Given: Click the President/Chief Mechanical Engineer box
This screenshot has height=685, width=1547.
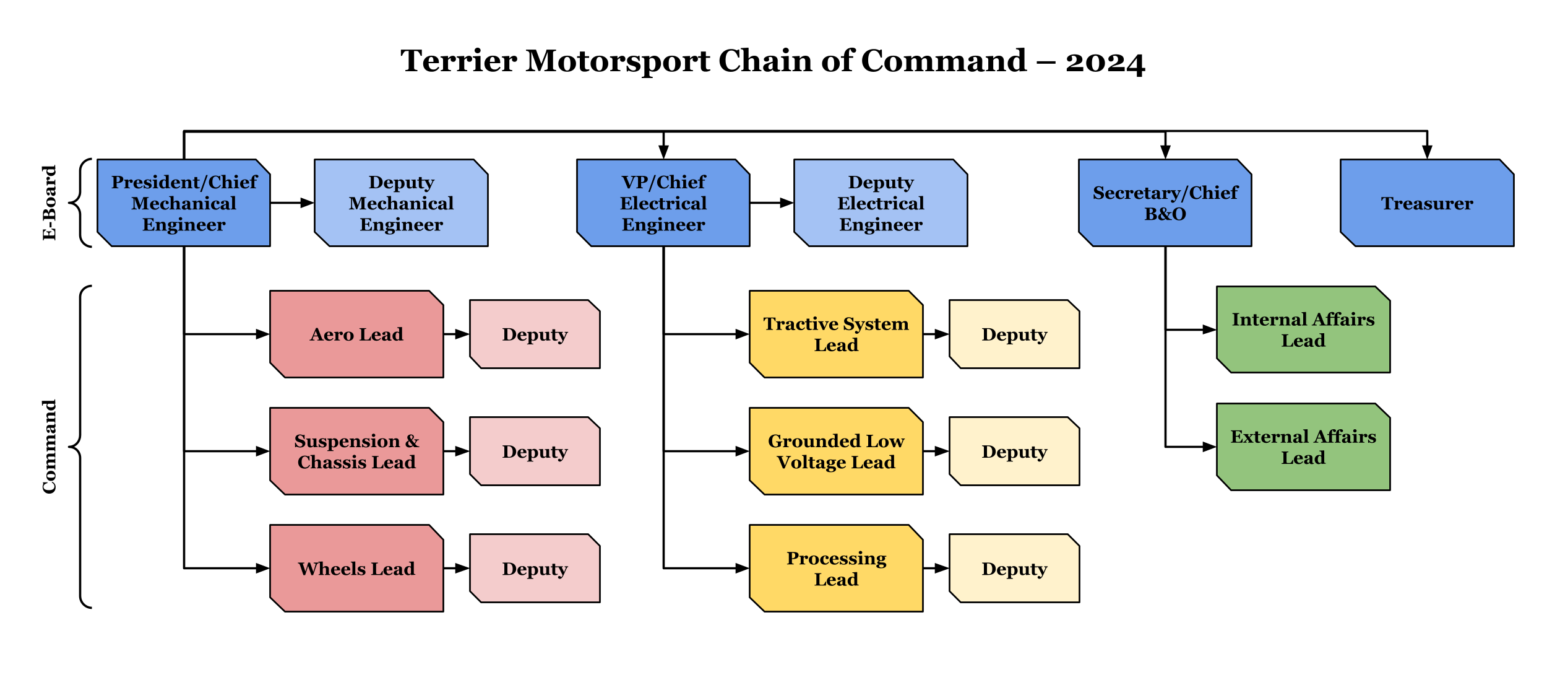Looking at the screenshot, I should [x=184, y=203].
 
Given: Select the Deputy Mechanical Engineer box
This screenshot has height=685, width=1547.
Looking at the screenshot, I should [x=401, y=203].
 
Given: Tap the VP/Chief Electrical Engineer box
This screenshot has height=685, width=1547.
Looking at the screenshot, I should [x=663, y=203].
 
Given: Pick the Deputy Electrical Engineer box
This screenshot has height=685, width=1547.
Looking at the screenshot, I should [x=881, y=203].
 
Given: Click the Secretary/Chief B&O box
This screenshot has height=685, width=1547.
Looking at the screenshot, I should [x=1165, y=203].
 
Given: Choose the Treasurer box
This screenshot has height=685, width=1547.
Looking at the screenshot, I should [x=1427, y=203].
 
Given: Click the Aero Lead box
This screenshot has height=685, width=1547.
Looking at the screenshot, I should [x=356, y=334].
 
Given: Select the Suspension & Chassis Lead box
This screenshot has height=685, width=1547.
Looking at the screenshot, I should [x=356, y=452].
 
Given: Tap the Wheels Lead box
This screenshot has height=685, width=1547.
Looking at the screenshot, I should [x=356, y=569].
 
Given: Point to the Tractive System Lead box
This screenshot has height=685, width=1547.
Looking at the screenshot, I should [x=836, y=334].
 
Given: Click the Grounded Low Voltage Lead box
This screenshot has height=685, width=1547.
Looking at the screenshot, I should [x=836, y=452].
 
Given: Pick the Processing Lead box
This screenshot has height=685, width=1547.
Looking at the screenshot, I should [x=836, y=569].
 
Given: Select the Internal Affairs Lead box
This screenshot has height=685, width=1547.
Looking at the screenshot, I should [x=1303, y=329].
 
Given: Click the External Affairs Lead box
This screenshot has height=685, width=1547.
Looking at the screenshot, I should [x=1303, y=447].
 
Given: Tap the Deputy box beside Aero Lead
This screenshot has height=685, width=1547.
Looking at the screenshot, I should [x=535, y=334].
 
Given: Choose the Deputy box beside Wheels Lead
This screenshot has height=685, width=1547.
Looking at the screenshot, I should [x=535, y=569].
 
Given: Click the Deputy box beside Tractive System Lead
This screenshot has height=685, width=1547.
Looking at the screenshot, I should [x=1014, y=334].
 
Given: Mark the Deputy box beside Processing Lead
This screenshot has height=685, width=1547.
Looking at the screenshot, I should [x=1014, y=569].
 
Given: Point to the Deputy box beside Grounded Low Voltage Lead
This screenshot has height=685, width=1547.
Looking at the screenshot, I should [x=1014, y=452].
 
